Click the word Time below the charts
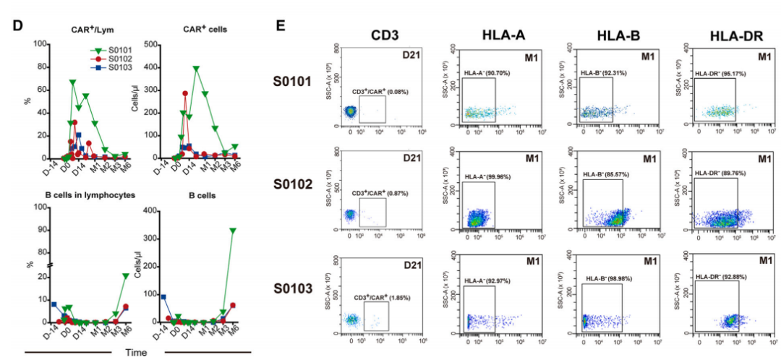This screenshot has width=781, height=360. tap(138, 352)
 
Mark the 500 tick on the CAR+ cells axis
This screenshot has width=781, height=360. tap(155, 44)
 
